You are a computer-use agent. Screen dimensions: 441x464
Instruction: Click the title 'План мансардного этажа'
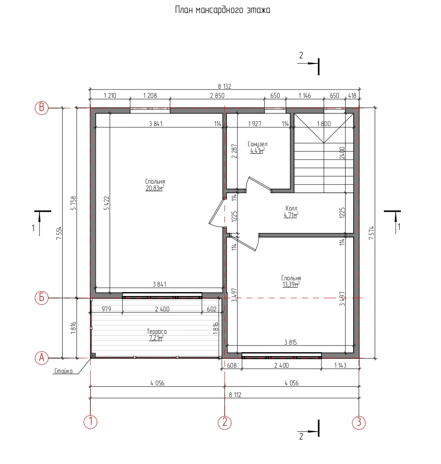(x=223, y=10)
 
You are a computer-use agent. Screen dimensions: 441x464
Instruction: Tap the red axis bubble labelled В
(x=42, y=108)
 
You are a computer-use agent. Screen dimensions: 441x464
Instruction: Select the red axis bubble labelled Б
(x=42, y=298)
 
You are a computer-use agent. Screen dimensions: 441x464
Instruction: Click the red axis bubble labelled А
(x=42, y=358)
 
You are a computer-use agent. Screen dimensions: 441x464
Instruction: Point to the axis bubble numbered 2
(x=225, y=422)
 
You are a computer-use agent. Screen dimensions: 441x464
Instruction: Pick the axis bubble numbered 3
(x=359, y=422)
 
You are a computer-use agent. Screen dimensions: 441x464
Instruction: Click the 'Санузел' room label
(x=257, y=144)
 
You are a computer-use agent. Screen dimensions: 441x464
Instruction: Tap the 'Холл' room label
(x=291, y=208)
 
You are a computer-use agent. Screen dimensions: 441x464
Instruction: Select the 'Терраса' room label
(x=157, y=332)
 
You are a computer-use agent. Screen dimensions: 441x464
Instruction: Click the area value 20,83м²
(x=155, y=188)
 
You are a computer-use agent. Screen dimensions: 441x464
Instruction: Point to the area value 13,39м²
(x=291, y=285)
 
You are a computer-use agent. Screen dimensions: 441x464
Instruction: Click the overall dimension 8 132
(x=225, y=87)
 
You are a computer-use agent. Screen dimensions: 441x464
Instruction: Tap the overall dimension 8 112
(x=235, y=395)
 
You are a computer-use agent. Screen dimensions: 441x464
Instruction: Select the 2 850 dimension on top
(x=217, y=95)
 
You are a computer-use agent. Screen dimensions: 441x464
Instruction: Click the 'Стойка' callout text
(x=63, y=371)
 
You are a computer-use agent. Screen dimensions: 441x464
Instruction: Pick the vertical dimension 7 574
(x=372, y=232)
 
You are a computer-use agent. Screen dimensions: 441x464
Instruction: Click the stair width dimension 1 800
(x=324, y=124)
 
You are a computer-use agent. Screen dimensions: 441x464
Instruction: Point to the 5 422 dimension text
(x=107, y=203)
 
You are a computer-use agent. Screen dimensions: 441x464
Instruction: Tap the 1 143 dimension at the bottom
(x=340, y=366)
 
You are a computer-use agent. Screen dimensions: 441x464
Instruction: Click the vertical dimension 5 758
(x=73, y=203)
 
